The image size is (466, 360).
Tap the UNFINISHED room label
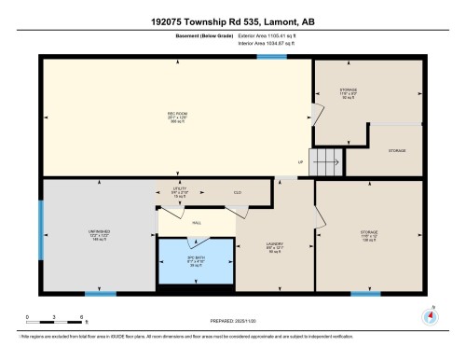[x=82, y=235]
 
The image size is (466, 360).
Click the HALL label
[x=197, y=223]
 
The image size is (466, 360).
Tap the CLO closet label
[x=238, y=192]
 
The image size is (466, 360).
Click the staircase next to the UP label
[x=326, y=163]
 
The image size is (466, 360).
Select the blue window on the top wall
[x=271, y=58]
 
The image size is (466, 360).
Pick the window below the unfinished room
[x=101, y=294]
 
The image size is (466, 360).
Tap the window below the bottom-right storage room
[x=365, y=294]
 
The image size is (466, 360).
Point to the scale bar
[x=56, y=320]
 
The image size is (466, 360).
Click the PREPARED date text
[x=233, y=320]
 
